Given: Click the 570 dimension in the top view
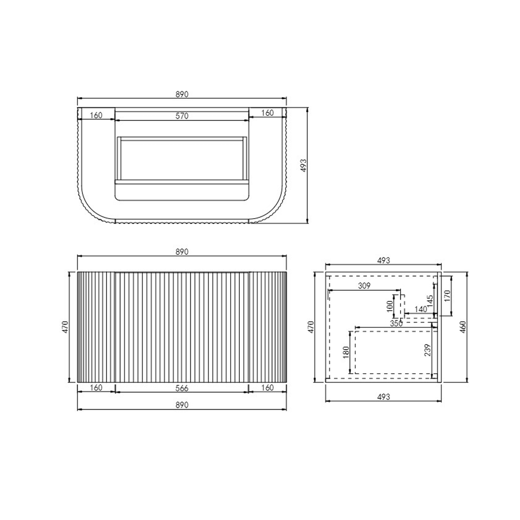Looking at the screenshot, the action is [182, 116].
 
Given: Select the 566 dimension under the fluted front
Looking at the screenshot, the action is [182, 388].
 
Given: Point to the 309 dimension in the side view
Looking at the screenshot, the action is [364, 286].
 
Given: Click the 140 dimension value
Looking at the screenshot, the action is [420, 310].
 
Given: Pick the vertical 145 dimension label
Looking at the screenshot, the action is [430, 301].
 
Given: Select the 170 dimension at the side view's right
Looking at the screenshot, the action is [447, 296].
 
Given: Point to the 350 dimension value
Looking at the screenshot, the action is [396, 324].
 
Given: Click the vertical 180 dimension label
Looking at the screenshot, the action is [346, 352].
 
